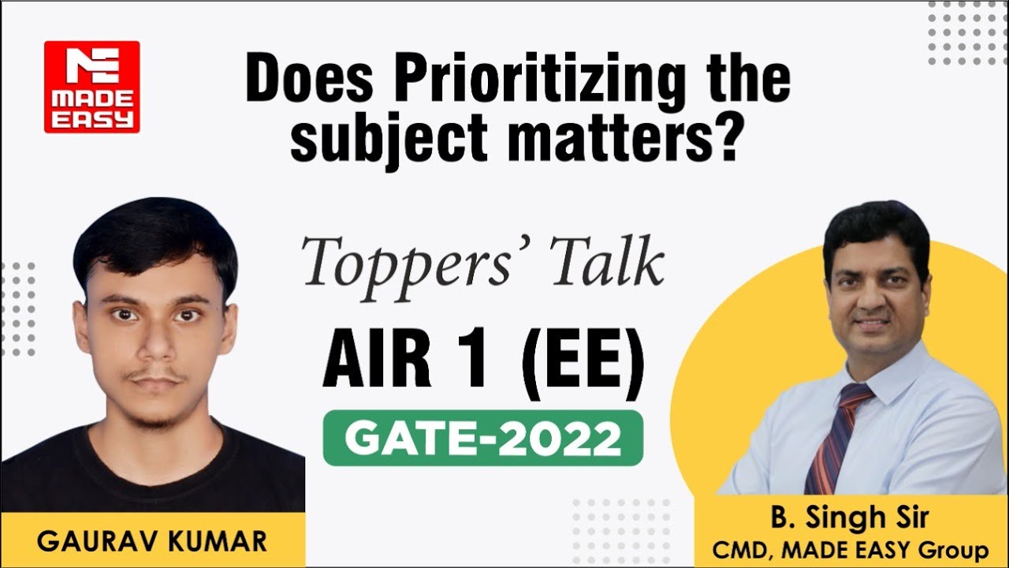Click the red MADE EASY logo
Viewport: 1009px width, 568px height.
click(x=91, y=87)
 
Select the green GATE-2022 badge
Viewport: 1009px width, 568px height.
click(x=482, y=438)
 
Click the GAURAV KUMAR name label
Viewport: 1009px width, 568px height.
click(x=151, y=541)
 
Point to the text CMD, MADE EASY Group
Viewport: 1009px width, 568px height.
click(x=850, y=549)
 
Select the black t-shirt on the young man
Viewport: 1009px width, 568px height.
click(x=150, y=473)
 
